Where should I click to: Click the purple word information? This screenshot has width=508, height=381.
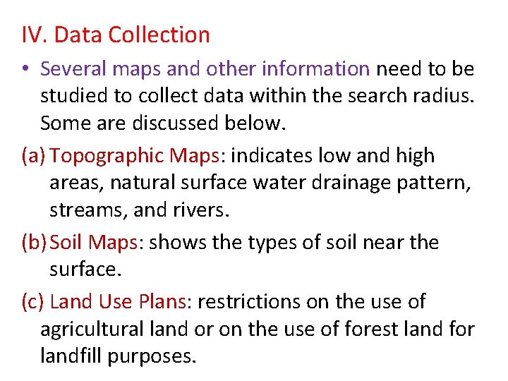coord(315,68)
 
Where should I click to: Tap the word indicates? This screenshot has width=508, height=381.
coord(274,155)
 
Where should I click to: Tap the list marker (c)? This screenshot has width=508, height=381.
coord(33,302)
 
